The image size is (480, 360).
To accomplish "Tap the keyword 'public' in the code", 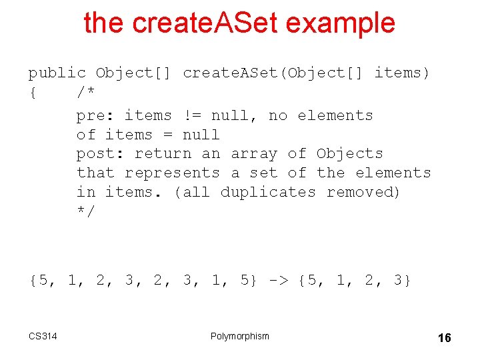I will (57, 73).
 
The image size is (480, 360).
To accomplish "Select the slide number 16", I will (444, 338).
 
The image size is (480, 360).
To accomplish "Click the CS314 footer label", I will (43, 336).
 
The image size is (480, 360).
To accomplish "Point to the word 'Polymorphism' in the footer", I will (240, 336).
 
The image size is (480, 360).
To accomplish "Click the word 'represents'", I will (172, 173).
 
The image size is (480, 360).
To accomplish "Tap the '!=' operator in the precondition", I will (191, 115).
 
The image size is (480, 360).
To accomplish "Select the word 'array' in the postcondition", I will (254, 153).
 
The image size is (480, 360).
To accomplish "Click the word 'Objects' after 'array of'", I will (349, 153).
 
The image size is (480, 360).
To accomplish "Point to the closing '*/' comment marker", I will (85, 211).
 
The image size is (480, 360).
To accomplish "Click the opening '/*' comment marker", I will (85, 92).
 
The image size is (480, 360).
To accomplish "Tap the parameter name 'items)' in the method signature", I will (402, 73).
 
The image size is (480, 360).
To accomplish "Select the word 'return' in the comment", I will (163, 153).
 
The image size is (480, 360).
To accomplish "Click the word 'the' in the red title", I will (104, 23).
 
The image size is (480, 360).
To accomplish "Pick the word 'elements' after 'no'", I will (335, 115).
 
